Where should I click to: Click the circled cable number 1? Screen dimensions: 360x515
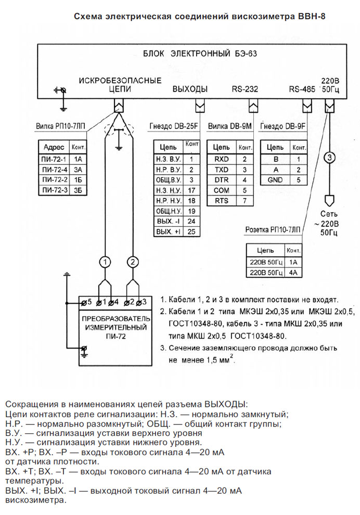(105, 262)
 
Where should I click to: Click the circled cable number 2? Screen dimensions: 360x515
(133, 262)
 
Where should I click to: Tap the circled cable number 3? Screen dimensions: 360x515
(329, 158)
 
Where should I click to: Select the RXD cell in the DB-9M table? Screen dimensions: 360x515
(222, 159)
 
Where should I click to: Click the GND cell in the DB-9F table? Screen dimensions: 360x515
(275, 180)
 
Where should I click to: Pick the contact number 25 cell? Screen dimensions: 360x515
(191, 231)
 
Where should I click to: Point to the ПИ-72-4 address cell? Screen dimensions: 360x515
(55, 170)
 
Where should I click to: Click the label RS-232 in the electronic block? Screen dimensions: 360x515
(245, 89)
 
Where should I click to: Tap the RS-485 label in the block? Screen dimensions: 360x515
(302, 89)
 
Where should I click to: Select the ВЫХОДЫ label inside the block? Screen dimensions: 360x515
(190, 89)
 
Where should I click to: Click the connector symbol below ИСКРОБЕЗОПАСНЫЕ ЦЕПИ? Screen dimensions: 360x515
(119, 106)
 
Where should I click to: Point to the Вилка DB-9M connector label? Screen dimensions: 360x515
(229, 126)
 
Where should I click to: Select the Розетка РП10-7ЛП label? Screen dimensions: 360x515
(273, 229)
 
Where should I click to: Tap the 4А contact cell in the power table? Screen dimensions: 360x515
(293, 273)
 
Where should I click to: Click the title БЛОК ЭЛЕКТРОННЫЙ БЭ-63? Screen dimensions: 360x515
(200, 54)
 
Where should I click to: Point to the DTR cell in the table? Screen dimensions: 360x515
(222, 180)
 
